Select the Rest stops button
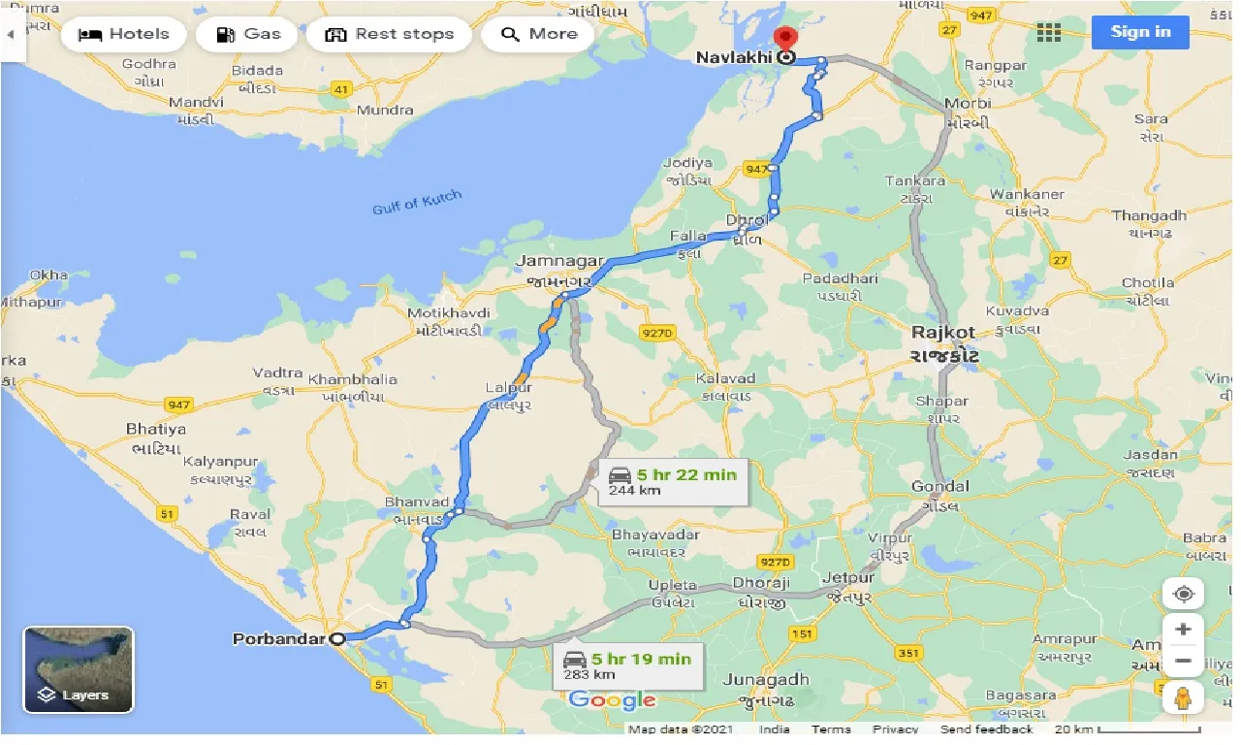point(389,34)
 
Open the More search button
point(539,34)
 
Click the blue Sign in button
point(1140,32)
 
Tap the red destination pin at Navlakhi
point(785,40)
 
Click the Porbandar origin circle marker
point(337,639)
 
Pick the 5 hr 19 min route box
point(627,665)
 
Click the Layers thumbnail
point(79,669)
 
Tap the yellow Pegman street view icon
point(1183,697)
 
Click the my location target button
point(1183,594)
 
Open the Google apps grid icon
point(1049,33)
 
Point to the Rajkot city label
point(943,333)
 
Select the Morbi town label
point(967,104)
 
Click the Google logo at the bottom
point(613,700)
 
